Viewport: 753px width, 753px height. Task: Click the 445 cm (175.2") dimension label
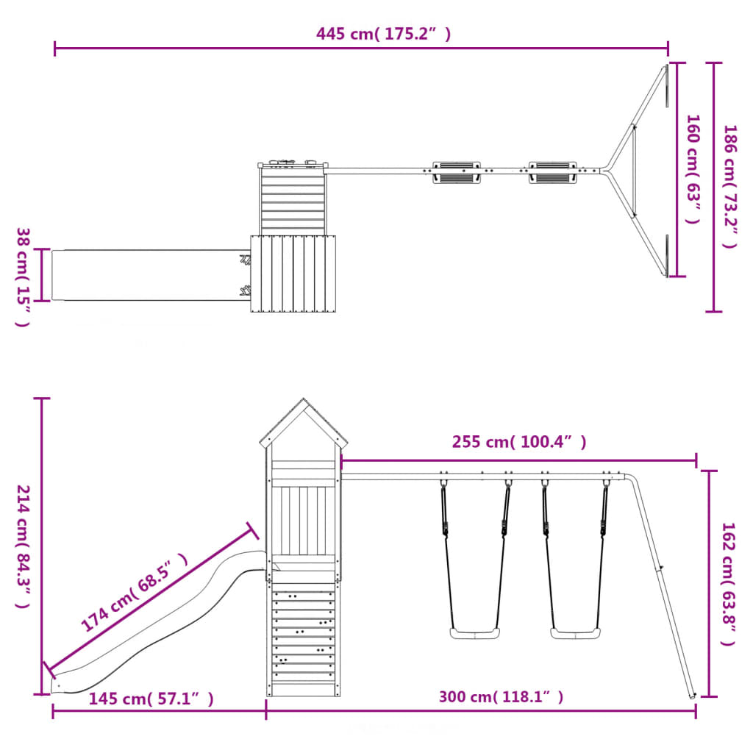click(383, 34)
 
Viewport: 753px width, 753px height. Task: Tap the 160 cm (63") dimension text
click(693, 169)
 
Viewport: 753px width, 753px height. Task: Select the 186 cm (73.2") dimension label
click(730, 186)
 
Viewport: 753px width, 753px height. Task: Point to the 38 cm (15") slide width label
click(23, 277)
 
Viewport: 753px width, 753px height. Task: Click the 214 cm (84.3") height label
click(23, 546)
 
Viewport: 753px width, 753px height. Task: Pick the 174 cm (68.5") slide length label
click(134, 592)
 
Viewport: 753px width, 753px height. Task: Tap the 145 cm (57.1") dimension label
click(151, 699)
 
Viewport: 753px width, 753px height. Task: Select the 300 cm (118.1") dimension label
click(501, 697)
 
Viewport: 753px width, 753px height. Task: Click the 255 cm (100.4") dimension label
click(519, 442)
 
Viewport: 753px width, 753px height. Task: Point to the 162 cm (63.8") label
click(729, 584)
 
